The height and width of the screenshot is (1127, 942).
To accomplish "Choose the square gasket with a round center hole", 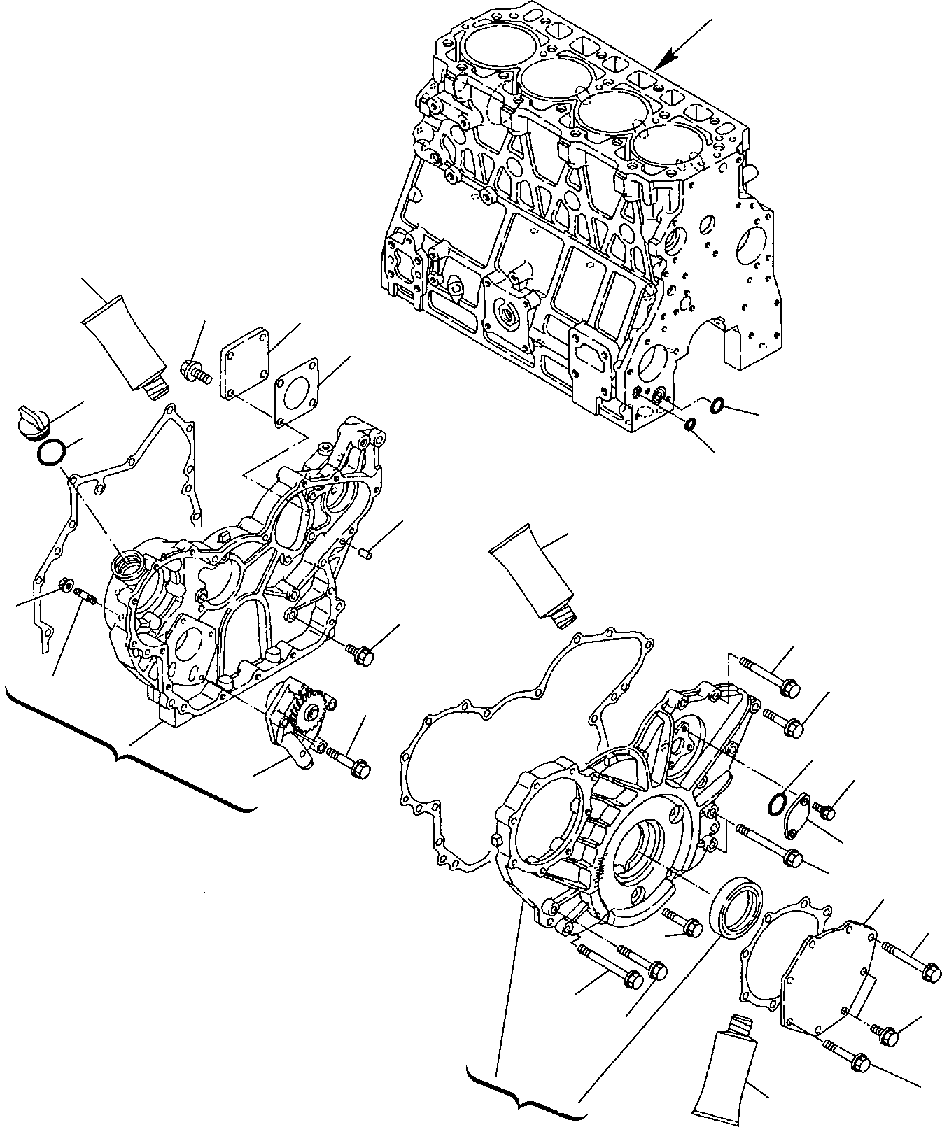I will click(x=295, y=392).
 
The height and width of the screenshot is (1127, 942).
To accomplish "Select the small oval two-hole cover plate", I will click(x=797, y=816).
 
